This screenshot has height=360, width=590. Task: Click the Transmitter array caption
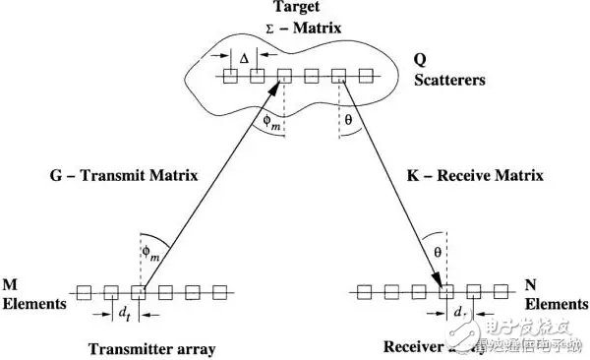coord(150,349)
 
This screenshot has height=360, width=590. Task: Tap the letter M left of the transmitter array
coord(11,285)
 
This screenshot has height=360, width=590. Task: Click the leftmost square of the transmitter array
coord(85,293)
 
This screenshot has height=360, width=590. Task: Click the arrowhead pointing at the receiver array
coord(444,282)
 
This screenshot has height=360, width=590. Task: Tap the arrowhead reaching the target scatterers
coord(279,88)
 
